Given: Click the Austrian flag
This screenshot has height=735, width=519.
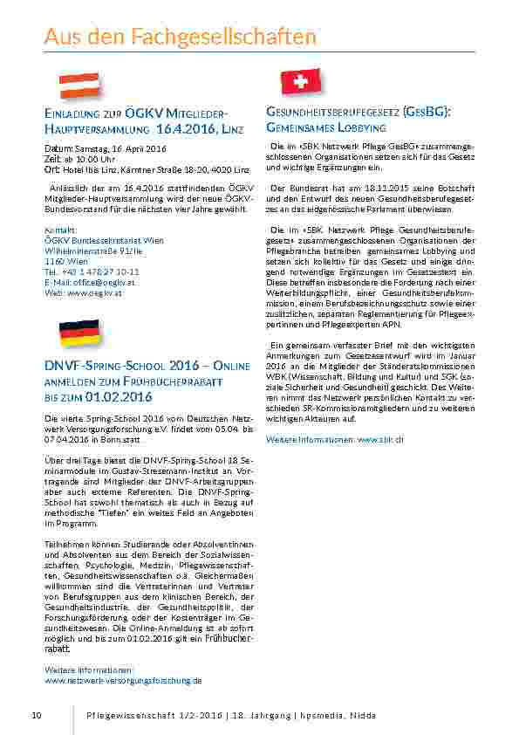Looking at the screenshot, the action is (x=79, y=86).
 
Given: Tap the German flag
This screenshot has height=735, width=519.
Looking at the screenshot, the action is (x=79, y=332).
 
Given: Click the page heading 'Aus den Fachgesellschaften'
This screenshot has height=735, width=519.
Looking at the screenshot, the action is (x=180, y=37).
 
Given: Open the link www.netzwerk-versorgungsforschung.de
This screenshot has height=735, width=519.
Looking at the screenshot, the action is (x=123, y=680).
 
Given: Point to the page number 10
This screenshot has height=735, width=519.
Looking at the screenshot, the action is (x=36, y=716).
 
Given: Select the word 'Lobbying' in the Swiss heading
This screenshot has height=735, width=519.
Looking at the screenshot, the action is (x=355, y=127).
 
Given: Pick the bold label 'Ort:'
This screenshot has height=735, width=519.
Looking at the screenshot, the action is (x=51, y=168).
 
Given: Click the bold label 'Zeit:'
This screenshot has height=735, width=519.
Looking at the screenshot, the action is (x=52, y=159).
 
